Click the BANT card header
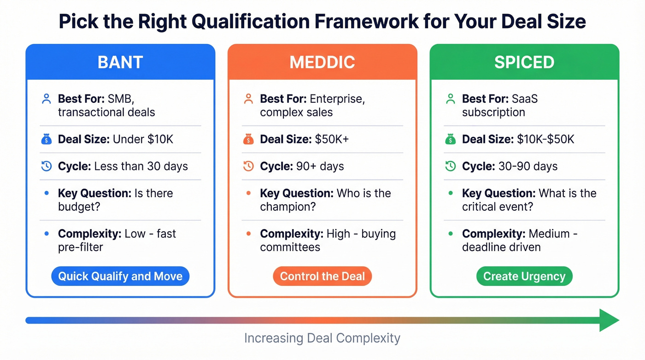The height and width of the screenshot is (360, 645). point(120,62)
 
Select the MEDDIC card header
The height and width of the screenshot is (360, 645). point(322,62)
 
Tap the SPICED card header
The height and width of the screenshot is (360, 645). point(524,62)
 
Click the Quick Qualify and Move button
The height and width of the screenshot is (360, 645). point(120,276)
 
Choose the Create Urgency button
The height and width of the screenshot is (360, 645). point(524,276)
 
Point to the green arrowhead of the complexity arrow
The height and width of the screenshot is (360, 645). point(609,320)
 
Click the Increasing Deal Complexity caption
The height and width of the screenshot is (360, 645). point(322,338)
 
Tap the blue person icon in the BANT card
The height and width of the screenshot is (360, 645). point(46,99)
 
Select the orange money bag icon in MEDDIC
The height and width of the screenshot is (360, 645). point(248,139)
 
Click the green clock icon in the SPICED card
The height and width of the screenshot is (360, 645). point(450,166)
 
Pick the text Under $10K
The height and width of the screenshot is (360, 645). point(142,139)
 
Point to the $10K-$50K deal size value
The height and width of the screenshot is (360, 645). point(544,139)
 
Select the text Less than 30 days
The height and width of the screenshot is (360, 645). point(141,166)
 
